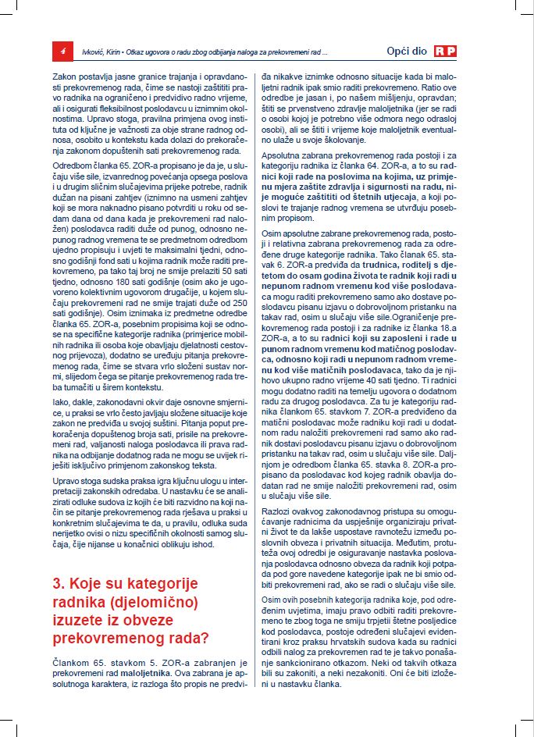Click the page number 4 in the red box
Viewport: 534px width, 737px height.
62,51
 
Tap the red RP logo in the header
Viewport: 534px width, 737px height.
446,51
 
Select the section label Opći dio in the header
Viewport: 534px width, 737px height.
407,51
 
